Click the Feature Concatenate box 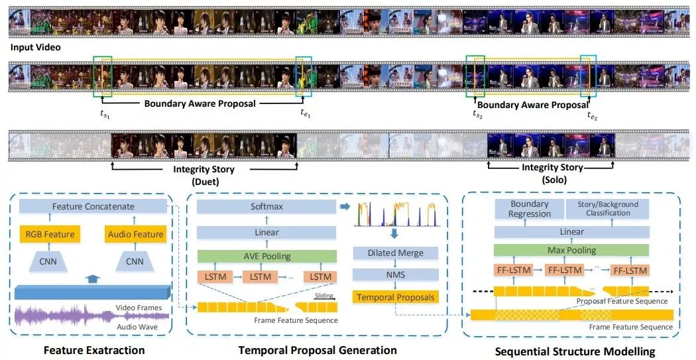93,207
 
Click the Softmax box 266,207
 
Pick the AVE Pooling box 266,257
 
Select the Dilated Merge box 395,253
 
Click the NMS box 395,274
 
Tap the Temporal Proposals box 395,297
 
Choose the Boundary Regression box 529,209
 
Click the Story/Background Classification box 608,209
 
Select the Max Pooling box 571,251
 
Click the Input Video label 35,47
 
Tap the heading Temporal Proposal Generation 318,349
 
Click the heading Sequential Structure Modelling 574,351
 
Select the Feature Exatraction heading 93,349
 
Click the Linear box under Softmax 266,232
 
